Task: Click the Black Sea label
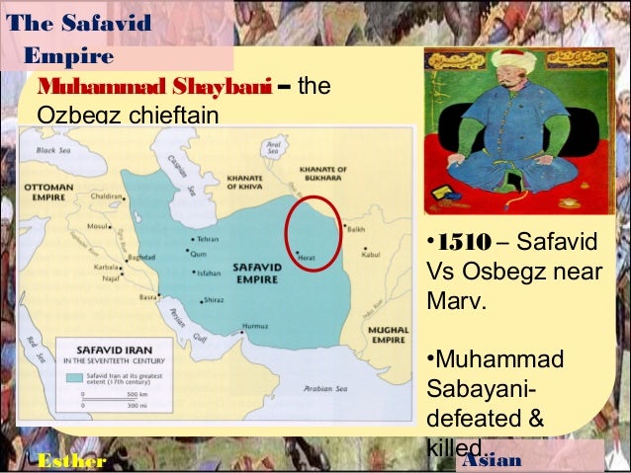point(53,151)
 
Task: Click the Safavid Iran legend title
point(99,349)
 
